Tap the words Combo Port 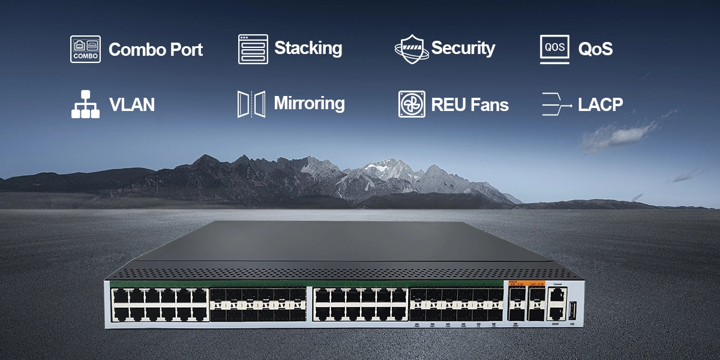155,50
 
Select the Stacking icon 253,49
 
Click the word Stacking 308,48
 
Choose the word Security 463,48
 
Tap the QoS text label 595,49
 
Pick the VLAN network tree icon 86,104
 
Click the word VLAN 131,105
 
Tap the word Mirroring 309,103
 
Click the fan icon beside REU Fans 412,104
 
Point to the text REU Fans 470,105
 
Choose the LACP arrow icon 556,104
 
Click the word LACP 600,105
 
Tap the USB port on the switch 572,311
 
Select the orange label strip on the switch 526,284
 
